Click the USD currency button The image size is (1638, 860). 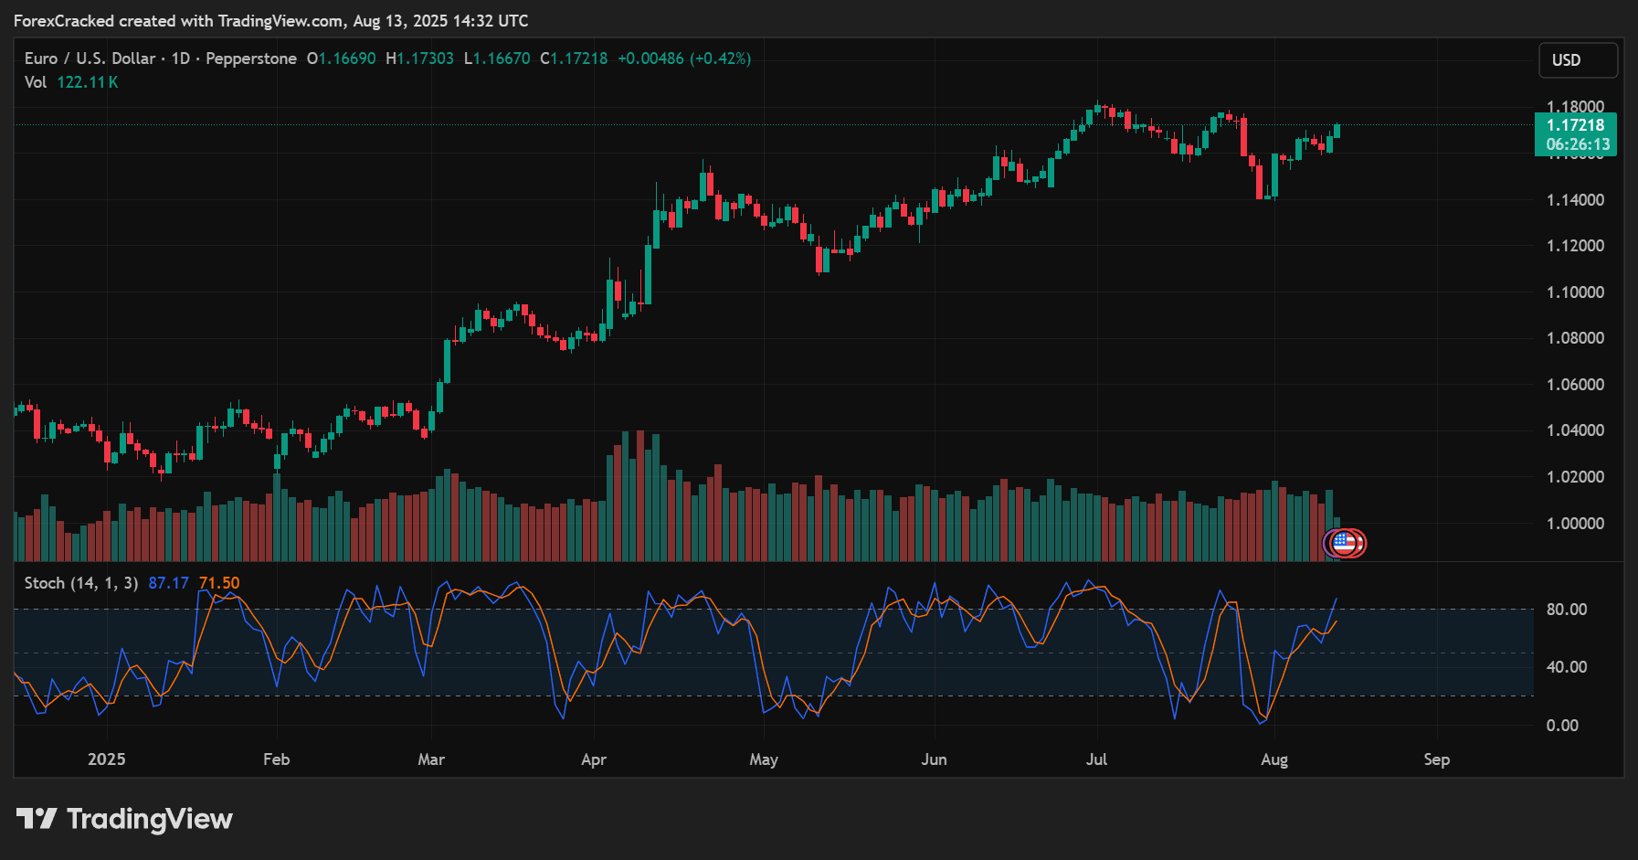coord(1578,60)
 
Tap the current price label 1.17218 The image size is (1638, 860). coord(1575,125)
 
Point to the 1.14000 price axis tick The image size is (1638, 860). coord(1575,200)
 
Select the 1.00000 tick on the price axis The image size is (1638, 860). coord(1575,524)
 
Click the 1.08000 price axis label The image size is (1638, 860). coord(1575,338)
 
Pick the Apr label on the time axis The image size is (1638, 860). coord(594,759)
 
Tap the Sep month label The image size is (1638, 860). coord(1436,759)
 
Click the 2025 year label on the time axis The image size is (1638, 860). coord(107,759)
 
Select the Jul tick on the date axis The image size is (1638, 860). coord(1096,759)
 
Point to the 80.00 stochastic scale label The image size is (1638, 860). coord(1566,610)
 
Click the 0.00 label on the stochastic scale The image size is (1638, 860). coord(1562,726)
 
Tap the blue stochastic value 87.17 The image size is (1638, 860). coord(168,583)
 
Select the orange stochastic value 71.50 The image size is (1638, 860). coord(219,583)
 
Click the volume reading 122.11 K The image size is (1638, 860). coord(88,82)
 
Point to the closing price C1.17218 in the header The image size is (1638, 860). coord(574,58)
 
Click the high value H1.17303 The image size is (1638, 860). coord(419,58)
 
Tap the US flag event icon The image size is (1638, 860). coord(1344,544)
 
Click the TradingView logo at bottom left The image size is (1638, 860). coord(124,819)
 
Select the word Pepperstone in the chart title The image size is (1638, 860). coord(251,58)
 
